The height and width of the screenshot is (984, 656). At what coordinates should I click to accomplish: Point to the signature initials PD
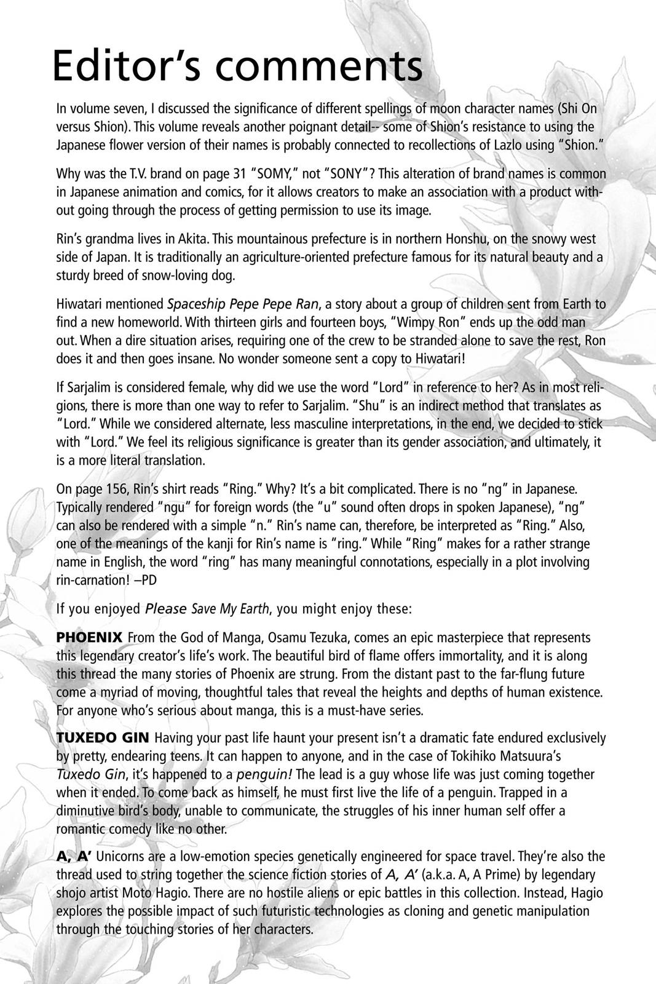[149, 580]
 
